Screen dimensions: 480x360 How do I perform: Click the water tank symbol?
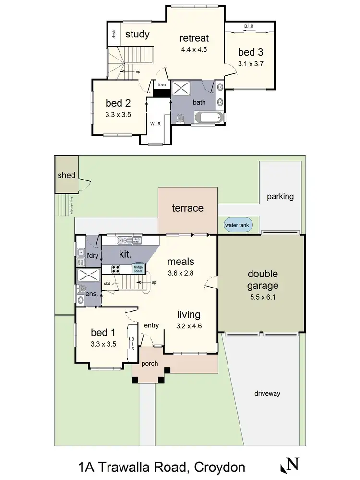pos(238,225)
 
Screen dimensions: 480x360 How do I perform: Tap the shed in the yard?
pos(66,175)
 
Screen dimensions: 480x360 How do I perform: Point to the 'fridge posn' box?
pos(138,268)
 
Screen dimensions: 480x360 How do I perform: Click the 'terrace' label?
pos(188,208)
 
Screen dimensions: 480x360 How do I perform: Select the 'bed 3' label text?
pos(251,52)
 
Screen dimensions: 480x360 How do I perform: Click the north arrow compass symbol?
pos(290,465)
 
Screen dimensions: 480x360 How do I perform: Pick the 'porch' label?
pos(149,363)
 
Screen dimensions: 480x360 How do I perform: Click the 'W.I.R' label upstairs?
pos(155,124)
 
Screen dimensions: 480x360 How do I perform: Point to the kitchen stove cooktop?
pos(116,269)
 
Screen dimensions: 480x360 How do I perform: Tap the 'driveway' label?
pos(267,394)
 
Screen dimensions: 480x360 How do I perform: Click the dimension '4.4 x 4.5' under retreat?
pos(194,49)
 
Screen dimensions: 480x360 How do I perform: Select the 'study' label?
pos(137,35)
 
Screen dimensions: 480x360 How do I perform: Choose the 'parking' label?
pos(280,196)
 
